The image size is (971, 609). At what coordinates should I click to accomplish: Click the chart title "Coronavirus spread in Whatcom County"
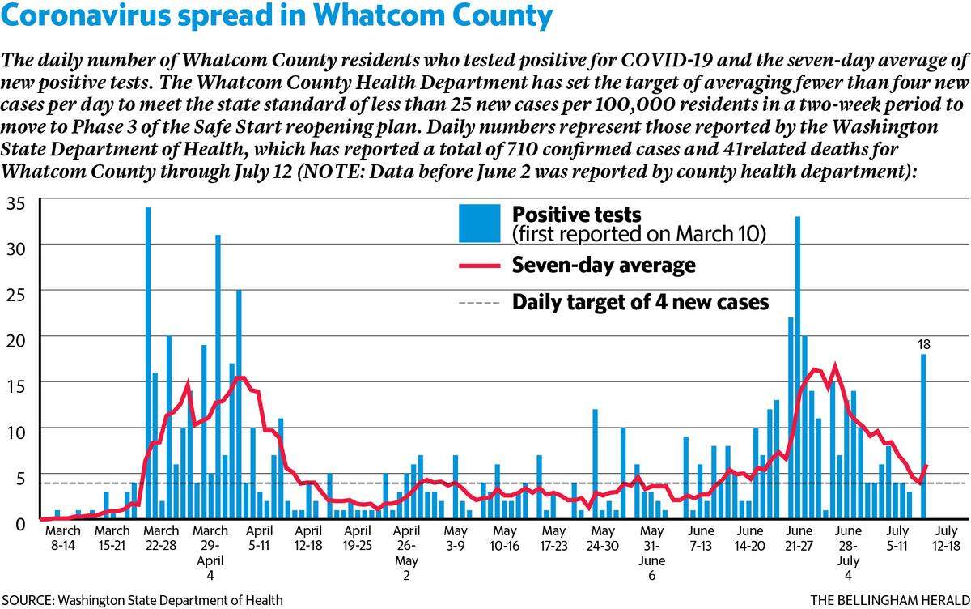[277, 15]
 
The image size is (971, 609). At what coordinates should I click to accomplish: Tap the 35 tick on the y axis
[16, 203]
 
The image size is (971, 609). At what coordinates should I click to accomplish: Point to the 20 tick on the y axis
[16, 340]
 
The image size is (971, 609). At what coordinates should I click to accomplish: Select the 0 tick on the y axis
[20, 524]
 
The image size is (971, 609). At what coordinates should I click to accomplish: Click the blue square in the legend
[479, 224]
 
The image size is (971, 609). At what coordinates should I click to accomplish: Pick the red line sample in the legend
[479, 266]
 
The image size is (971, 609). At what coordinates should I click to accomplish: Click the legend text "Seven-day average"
[604, 265]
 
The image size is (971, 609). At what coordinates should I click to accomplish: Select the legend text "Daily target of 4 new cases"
[640, 302]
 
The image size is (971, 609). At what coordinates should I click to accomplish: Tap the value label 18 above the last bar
[924, 344]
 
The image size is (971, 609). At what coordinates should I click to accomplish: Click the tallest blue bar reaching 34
[148, 363]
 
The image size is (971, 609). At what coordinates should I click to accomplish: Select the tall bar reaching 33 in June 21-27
[798, 368]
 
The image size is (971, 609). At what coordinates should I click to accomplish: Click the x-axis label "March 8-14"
[63, 538]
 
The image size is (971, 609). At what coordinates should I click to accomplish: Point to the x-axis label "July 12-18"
[946, 538]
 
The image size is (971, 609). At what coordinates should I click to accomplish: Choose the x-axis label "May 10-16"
[505, 538]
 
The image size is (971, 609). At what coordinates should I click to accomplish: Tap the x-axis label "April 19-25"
[358, 538]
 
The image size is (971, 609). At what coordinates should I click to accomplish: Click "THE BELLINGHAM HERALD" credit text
[890, 600]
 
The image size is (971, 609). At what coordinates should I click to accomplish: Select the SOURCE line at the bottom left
[142, 600]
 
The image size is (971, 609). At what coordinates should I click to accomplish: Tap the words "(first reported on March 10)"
[639, 234]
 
